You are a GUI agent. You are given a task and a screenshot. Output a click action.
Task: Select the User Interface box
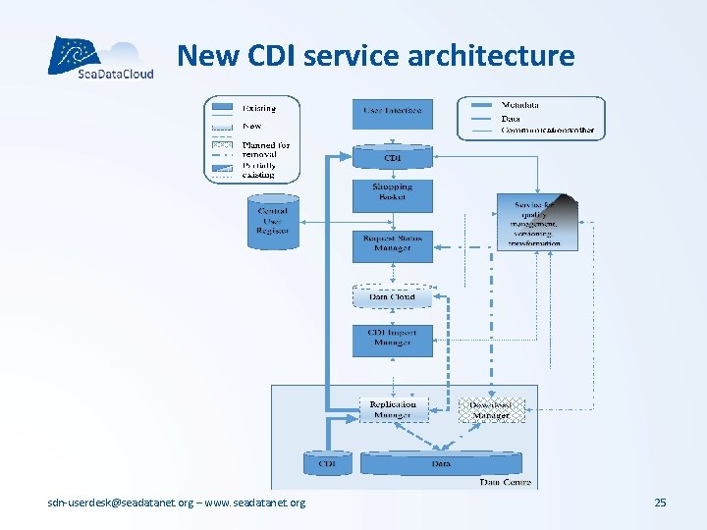[392, 113]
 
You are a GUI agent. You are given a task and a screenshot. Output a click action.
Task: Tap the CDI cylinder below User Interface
[392, 157]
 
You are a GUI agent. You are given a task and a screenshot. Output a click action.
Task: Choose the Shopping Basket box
[392, 192]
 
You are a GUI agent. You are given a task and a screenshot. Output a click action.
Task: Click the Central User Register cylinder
[273, 218]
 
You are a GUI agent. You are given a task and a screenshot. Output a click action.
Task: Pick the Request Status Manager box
[392, 244]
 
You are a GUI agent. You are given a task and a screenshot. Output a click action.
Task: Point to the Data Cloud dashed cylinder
[392, 296]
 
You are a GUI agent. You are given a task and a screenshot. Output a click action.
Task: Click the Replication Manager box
[392, 409]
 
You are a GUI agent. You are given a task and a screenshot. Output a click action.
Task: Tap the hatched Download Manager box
[491, 409]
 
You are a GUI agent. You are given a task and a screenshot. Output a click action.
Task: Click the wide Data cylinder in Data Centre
[441, 463]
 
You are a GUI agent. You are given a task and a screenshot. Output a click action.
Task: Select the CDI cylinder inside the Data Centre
[328, 463]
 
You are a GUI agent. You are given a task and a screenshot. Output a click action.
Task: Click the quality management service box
[537, 223]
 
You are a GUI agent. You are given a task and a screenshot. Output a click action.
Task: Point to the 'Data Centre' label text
[505, 482]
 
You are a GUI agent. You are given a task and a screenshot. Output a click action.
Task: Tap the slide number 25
[660, 503]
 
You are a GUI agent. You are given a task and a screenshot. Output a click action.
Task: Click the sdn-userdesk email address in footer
[122, 503]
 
